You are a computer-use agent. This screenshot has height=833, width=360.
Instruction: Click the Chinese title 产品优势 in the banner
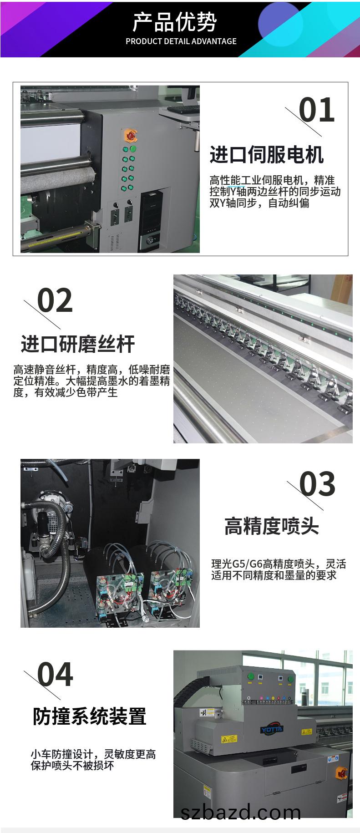point(175,22)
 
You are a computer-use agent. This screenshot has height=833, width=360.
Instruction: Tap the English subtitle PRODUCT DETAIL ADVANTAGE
point(181,41)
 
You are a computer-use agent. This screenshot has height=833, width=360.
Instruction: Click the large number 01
point(317,110)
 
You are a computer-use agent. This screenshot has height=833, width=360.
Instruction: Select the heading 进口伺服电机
point(266,155)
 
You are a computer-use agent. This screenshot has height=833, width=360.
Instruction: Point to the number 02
point(55,300)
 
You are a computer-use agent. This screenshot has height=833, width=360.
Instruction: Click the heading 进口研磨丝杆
point(78,344)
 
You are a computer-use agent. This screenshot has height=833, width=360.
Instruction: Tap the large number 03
point(317,484)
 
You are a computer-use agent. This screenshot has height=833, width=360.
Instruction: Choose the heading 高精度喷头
point(272,526)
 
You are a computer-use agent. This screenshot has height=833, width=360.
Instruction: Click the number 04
point(55,675)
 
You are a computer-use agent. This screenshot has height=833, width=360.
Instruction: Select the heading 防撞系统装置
point(89,716)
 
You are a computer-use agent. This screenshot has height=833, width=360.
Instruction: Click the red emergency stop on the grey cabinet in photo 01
point(130,135)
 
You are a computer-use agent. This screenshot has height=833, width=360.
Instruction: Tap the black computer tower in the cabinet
point(149,221)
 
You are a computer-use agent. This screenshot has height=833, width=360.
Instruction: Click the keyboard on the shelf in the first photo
point(184,110)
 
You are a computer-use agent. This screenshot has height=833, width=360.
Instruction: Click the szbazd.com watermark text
point(241,812)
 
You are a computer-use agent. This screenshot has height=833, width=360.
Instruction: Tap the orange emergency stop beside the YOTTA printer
point(341,772)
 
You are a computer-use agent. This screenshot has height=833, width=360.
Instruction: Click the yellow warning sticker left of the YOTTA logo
point(229,738)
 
